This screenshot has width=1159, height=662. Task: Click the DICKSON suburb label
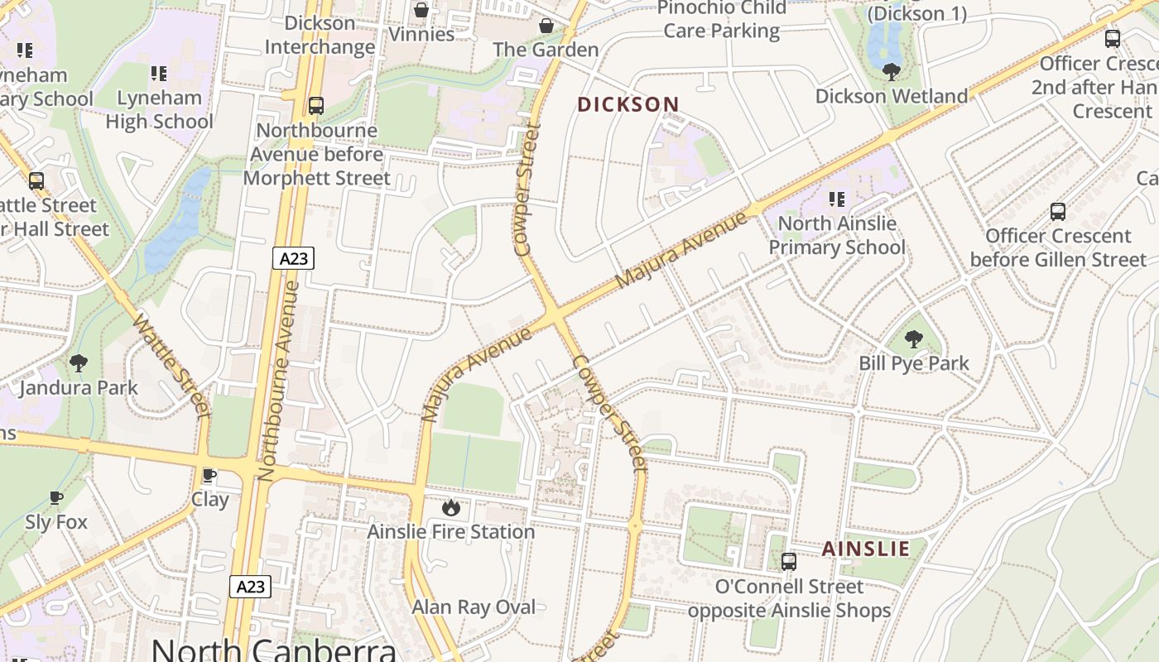click(628, 104)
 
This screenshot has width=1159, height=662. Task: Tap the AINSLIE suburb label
click(865, 549)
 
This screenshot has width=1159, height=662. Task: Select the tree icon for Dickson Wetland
click(891, 72)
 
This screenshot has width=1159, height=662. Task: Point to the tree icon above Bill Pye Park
click(913, 338)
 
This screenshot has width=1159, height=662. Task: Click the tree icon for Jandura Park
click(79, 362)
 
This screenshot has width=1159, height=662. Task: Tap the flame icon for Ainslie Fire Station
click(450, 507)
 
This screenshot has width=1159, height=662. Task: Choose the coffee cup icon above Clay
click(209, 475)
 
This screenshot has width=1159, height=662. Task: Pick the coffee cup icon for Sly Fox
click(55, 497)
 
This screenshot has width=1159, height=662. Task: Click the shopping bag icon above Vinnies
click(421, 10)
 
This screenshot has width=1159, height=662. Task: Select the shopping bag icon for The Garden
click(546, 26)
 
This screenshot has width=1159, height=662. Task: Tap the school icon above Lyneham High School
click(158, 73)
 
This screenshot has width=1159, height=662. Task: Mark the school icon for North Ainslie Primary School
click(836, 199)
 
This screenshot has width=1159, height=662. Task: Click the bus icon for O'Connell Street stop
click(788, 562)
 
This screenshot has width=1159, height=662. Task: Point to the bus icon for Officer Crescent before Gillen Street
click(1057, 211)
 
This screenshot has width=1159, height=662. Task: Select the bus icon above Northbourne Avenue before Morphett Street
click(315, 106)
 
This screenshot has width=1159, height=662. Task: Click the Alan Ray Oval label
click(474, 607)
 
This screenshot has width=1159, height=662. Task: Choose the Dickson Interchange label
click(320, 35)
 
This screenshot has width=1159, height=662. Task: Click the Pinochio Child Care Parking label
click(721, 20)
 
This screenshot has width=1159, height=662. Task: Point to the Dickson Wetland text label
click(891, 96)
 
